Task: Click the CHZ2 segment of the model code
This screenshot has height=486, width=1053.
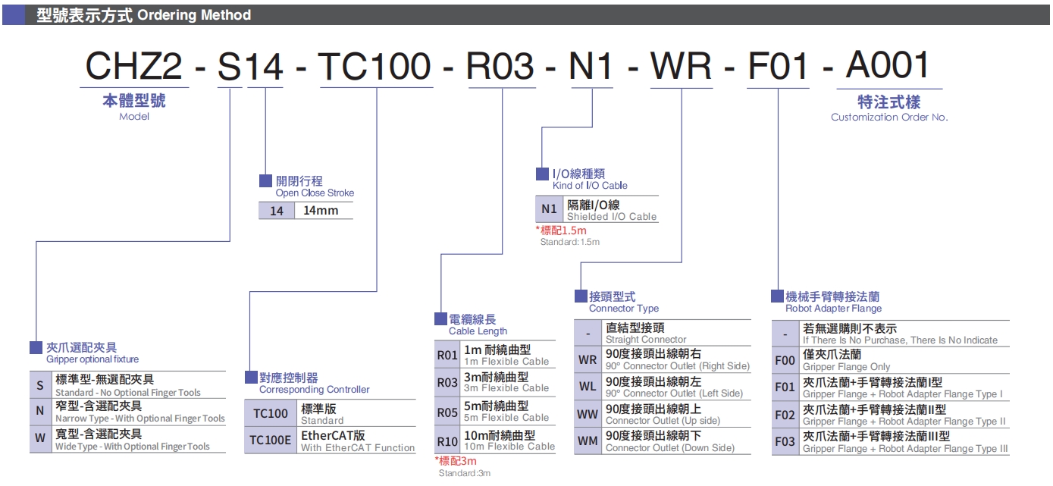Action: tap(133, 67)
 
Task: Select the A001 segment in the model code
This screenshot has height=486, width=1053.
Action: tap(888, 67)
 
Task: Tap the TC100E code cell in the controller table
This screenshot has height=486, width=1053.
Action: tap(271, 441)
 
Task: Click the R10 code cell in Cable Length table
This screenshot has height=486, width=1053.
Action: tap(447, 441)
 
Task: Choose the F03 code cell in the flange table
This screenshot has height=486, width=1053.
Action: tap(785, 442)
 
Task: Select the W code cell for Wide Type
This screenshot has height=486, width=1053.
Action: tap(40, 440)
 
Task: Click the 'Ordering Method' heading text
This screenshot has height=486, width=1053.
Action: tap(194, 14)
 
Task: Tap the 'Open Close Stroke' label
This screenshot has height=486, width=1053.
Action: tap(315, 193)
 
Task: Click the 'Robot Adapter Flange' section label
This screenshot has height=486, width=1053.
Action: tap(833, 309)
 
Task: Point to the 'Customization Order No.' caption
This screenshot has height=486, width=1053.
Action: tap(889, 118)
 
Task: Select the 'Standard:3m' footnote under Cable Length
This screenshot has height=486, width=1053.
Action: tap(464, 473)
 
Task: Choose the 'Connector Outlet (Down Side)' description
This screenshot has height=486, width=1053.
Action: tap(669, 448)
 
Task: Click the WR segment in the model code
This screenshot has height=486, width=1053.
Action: tap(682, 67)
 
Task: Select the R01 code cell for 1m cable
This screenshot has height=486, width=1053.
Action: tap(447, 355)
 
